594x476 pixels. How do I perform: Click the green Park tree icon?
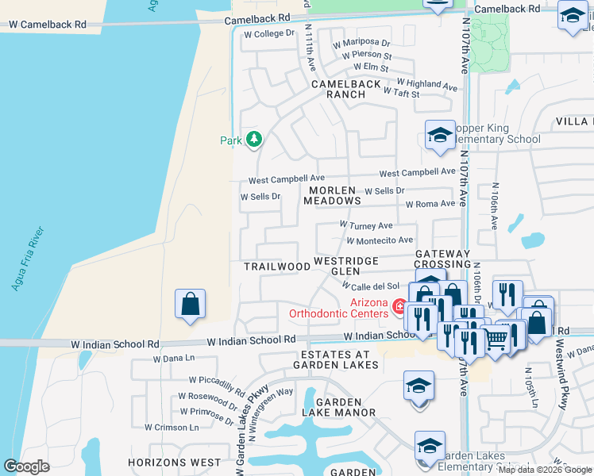[253, 140]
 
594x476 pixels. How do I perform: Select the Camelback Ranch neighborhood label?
[338, 88]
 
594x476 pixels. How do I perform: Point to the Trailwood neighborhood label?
[277, 267]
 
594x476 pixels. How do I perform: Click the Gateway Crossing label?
[443, 259]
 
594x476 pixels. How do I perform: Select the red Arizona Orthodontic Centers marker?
[399, 305]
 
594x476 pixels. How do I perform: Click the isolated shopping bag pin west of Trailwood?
[191, 305]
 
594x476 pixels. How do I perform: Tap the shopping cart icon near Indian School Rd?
[496, 339]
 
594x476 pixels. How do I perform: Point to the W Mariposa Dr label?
[361, 43]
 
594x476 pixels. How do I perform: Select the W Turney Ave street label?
[366, 226]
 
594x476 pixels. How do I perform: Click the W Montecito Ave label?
[379, 240]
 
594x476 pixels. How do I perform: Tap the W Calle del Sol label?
[370, 286]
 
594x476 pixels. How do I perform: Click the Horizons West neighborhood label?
[178, 462]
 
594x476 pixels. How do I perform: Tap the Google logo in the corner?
[27, 466]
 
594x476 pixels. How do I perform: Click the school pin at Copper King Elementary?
[439, 135]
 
